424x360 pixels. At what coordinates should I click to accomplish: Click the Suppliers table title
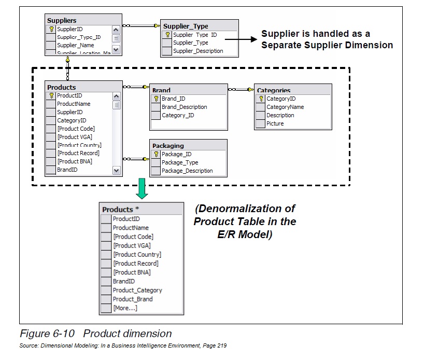tap(62, 20)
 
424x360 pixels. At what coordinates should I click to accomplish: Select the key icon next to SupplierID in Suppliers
tap(51, 29)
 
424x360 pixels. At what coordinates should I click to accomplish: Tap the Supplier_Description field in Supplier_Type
tap(198, 51)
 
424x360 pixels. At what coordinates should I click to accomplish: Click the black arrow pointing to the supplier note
tap(251, 39)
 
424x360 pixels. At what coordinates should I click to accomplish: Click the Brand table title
tap(161, 90)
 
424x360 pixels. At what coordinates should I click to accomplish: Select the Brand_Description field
tap(184, 107)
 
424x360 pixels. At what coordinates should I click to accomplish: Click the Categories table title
tap(274, 90)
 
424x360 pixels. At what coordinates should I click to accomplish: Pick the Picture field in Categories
tap(275, 123)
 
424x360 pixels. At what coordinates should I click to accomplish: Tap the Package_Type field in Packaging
tap(179, 162)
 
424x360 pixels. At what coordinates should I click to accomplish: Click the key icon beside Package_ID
tap(156, 154)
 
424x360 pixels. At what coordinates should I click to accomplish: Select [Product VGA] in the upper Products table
tap(75, 137)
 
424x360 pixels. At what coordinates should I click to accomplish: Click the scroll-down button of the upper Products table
tap(116, 170)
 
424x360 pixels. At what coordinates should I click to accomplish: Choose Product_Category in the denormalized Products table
tap(137, 290)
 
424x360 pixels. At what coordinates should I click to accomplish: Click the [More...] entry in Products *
tap(125, 308)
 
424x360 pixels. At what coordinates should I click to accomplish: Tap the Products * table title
tap(120, 209)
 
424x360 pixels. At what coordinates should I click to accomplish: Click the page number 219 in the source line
tap(221, 345)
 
